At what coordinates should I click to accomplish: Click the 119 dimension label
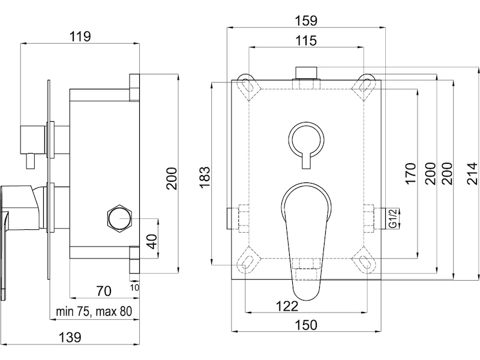click(80, 36)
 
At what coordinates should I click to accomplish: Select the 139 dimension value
click(70, 337)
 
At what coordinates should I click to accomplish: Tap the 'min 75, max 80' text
click(94, 311)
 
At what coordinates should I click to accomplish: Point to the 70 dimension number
click(104, 291)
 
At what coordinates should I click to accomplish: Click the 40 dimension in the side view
click(152, 241)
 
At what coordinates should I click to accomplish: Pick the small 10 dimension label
click(134, 287)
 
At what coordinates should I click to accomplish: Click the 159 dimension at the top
click(306, 20)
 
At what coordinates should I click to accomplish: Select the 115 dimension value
click(307, 41)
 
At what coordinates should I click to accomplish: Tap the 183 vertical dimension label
click(205, 177)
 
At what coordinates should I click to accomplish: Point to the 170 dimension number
click(410, 173)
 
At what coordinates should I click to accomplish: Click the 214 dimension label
click(472, 173)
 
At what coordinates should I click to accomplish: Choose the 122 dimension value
click(287, 306)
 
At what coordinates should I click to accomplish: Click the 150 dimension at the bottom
click(306, 325)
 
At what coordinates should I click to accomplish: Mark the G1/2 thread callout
click(393, 218)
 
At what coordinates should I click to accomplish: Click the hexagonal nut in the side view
click(119, 218)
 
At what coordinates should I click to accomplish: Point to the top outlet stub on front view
click(306, 73)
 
